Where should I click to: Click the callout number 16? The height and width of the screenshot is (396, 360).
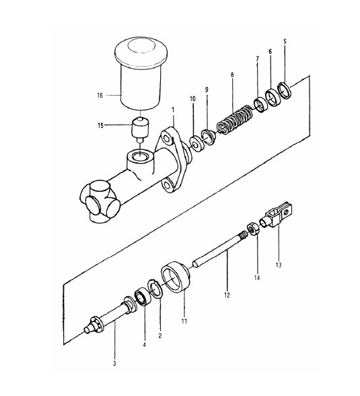(x=100, y=96)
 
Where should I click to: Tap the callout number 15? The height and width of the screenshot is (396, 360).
(x=101, y=125)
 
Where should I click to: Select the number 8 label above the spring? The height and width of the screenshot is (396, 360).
(x=232, y=75)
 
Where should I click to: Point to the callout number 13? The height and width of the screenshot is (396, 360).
(x=279, y=265)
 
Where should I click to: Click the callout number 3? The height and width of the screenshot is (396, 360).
(x=114, y=364)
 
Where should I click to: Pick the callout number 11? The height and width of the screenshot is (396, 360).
(x=184, y=321)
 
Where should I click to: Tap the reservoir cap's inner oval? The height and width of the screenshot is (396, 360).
(x=141, y=46)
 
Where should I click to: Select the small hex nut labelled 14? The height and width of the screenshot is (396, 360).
(x=253, y=228)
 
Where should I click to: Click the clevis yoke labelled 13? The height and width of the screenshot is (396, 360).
(x=277, y=215)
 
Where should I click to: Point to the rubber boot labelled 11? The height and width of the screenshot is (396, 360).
(x=176, y=277)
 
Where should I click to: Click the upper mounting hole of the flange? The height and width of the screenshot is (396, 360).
(x=166, y=139)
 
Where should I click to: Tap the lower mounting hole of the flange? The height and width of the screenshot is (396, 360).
(x=167, y=185)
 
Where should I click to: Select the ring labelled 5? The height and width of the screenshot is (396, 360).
(x=285, y=91)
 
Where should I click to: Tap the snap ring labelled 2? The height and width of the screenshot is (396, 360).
(x=155, y=289)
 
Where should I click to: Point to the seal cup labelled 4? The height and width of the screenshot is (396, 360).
(x=143, y=296)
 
